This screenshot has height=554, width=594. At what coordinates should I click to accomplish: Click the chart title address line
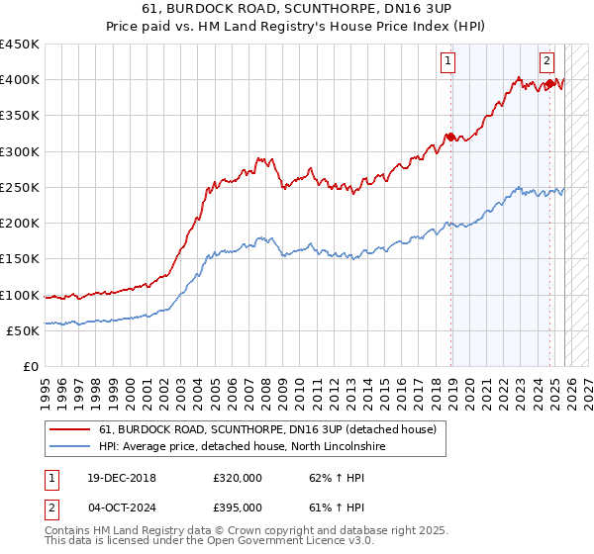pos(297,9)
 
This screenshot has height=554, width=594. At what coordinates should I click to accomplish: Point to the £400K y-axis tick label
pos(20,80)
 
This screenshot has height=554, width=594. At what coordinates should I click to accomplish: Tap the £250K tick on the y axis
pos(20,188)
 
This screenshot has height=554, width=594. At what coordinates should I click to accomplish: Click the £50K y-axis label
pos(24,331)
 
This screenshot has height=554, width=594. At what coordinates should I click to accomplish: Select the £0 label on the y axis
pos(32,367)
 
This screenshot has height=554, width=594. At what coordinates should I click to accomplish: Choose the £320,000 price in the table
pos(238,478)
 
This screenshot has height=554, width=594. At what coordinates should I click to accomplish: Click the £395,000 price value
pos(238,508)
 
